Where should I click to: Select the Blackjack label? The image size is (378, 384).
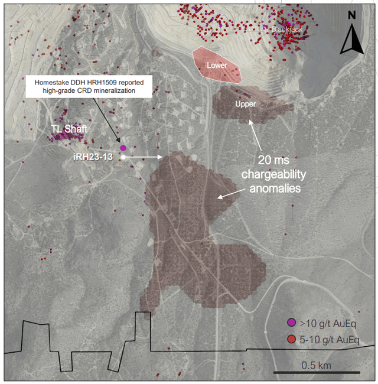288,29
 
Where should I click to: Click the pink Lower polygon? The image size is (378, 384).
217,64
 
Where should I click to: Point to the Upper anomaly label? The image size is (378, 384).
245,104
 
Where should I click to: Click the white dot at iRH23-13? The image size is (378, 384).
123,157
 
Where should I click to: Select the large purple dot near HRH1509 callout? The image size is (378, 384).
123,148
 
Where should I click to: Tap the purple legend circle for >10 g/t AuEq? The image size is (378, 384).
291,323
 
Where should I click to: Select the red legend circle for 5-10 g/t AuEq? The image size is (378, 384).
291,339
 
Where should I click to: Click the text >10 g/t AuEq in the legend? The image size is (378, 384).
327,323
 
